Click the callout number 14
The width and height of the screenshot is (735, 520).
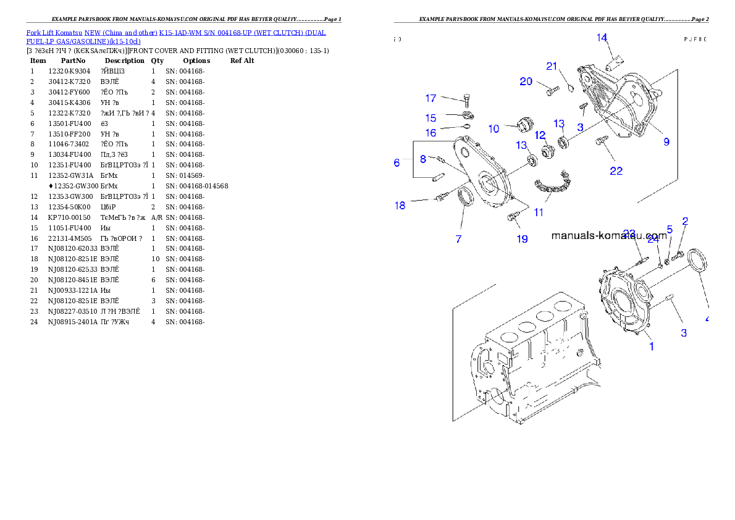click(602, 38)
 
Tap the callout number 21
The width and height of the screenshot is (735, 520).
click(552, 67)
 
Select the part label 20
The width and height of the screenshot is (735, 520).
click(526, 82)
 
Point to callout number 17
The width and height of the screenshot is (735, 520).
click(430, 98)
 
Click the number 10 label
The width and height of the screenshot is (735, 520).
click(493, 129)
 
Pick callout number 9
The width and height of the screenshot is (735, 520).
click(666, 142)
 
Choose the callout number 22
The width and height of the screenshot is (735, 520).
click(616, 171)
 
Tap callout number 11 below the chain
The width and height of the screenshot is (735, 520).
click(539, 212)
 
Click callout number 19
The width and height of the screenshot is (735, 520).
click(522, 239)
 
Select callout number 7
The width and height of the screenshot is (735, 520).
click(458, 239)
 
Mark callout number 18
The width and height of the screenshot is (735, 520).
click(400, 206)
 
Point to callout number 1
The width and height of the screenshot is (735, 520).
click(651, 346)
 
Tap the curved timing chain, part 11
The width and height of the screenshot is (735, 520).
click(552, 186)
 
